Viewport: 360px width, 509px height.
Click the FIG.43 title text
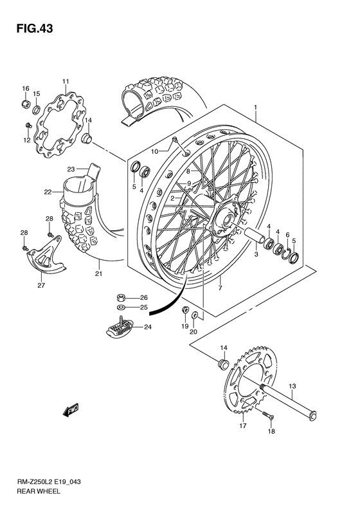[30, 28]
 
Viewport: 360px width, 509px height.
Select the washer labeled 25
[120, 308]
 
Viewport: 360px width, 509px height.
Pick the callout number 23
[71, 169]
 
